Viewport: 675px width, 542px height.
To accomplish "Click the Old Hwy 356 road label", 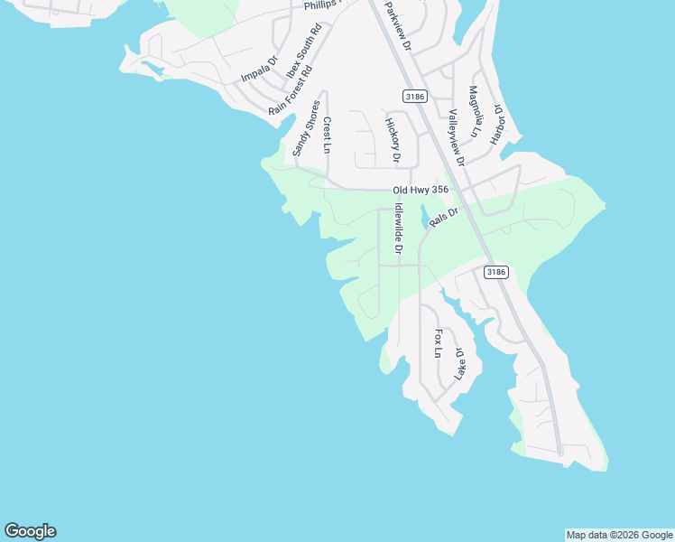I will point(420,191).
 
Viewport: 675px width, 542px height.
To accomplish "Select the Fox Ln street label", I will point(439,342).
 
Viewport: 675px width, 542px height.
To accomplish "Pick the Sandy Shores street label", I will point(306,128).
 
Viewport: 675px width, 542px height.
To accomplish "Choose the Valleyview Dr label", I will point(456,137).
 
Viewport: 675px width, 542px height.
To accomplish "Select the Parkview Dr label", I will point(397,25).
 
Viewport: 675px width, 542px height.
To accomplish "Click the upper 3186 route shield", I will point(414,96).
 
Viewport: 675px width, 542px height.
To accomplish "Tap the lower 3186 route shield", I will point(495,271).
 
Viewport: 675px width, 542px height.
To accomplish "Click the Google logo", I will point(30,531).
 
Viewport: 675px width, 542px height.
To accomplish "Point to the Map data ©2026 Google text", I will point(619,535).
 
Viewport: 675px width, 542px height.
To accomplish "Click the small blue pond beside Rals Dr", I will point(424,217).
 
